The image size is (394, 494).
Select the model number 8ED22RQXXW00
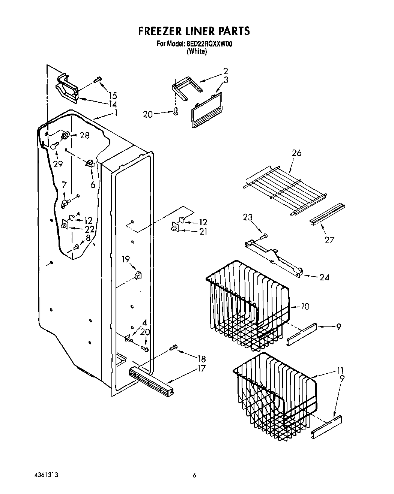pyautogui.click(x=209, y=44)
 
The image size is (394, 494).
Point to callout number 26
pyautogui.click(x=296, y=153)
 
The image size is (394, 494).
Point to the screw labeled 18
pyautogui.click(x=173, y=347)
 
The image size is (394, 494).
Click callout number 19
pyautogui.click(x=126, y=258)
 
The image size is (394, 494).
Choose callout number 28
pyautogui.click(x=85, y=135)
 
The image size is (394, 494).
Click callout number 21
pyautogui.click(x=203, y=232)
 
